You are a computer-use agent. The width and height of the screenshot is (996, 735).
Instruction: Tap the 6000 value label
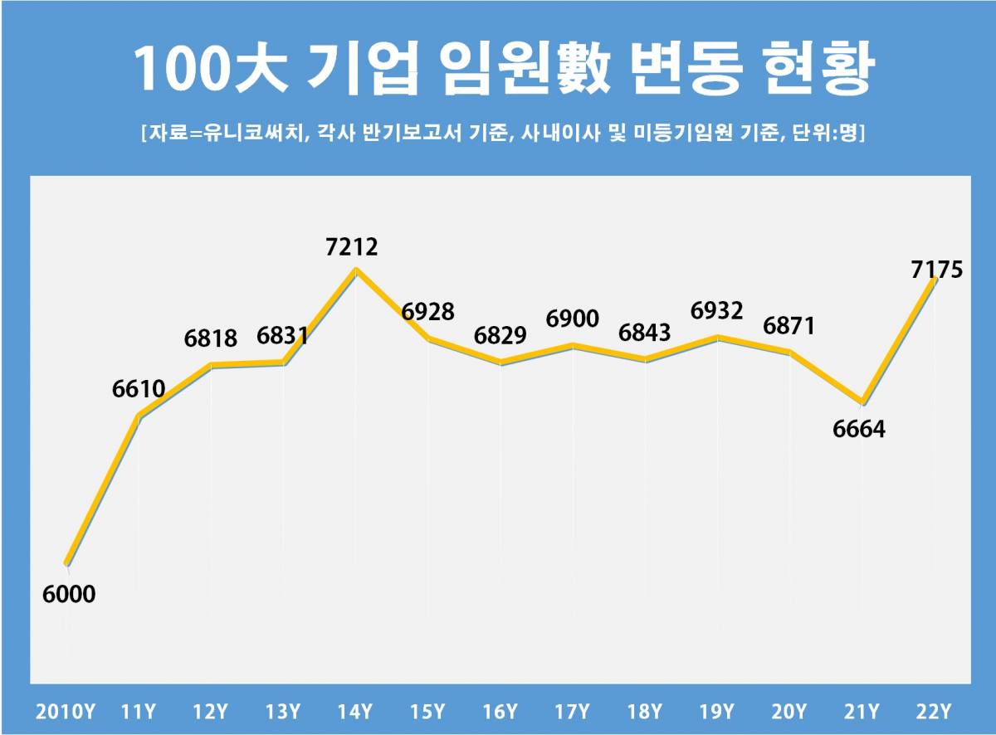pos(69,595)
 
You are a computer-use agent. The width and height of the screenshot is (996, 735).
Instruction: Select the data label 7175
pos(935,270)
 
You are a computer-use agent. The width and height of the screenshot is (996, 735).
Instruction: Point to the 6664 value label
pos(859,430)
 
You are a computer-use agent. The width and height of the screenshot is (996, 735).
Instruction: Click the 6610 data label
pos(139,388)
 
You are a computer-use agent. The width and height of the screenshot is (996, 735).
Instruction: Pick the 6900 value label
pos(572,319)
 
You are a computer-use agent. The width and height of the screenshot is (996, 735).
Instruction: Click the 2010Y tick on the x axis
pos(66,712)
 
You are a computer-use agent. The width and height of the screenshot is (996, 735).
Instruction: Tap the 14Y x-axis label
pos(356,712)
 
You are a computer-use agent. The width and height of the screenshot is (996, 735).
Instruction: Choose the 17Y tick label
pos(573,712)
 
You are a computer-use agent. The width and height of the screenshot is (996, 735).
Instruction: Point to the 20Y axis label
pos(789,712)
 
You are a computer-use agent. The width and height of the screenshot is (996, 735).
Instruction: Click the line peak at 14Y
pos(356,270)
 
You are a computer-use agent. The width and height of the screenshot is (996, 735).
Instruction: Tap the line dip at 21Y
pos(863,402)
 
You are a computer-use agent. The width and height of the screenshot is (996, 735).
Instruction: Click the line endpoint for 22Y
pos(935,280)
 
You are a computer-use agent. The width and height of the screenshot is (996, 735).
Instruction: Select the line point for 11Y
pos(139,416)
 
